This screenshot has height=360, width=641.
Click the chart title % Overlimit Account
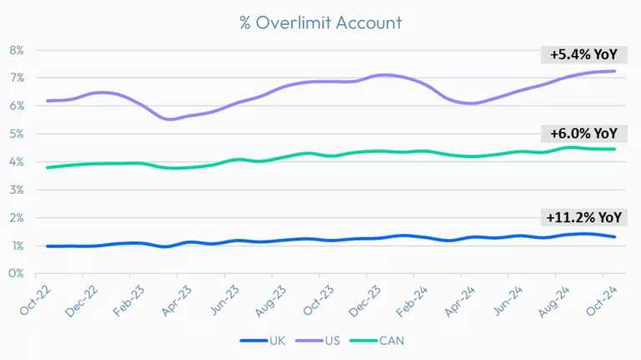320,23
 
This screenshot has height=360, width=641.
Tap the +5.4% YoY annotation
583,55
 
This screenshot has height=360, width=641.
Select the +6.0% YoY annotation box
583,133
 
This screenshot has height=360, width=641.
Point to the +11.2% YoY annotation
583,217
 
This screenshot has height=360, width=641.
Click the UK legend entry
260,341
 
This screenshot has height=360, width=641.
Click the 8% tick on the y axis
17,50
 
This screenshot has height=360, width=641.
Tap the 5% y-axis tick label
17,134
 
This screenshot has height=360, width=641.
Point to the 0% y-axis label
17,273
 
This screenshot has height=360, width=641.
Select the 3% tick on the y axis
17,190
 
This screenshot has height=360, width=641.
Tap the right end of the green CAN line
615,150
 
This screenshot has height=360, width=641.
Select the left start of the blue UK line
47,246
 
